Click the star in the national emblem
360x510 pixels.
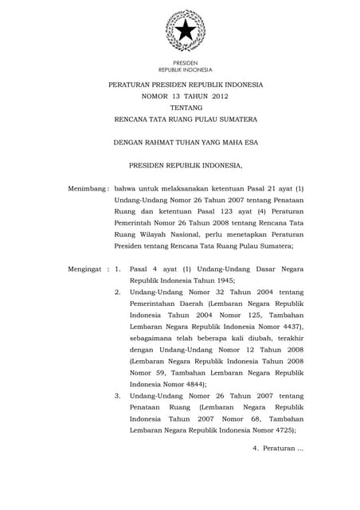coord(185,32)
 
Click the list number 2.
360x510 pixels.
coord(117,293)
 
